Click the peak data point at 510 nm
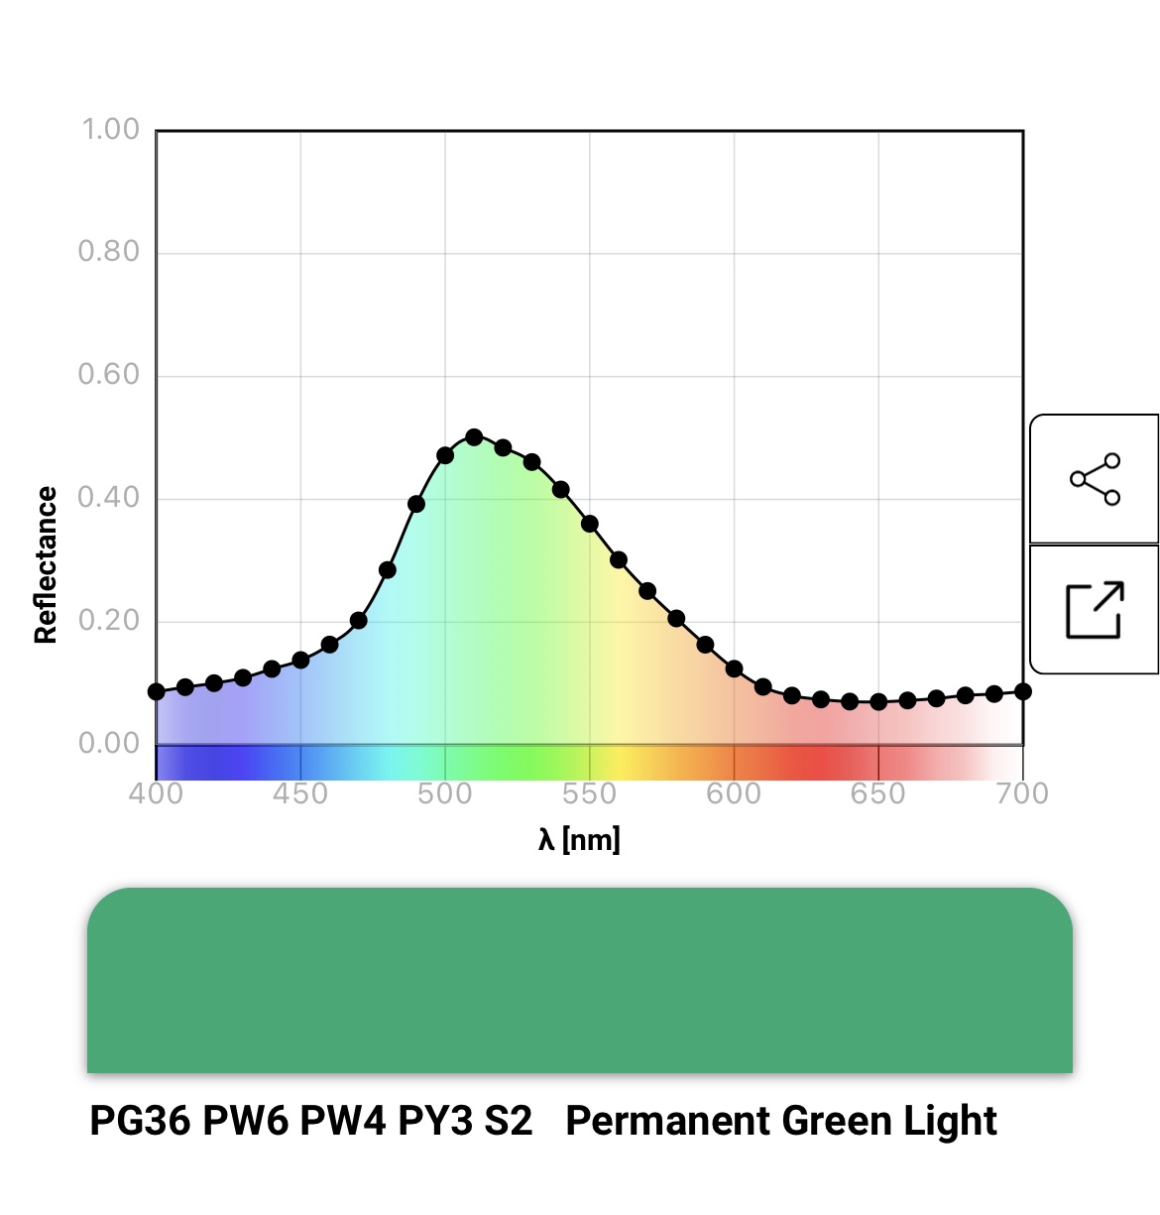pos(474,437)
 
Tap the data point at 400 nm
pos(157,691)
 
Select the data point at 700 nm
pos(1023,691)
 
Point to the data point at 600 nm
pos(734,668)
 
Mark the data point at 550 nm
pos(590,524)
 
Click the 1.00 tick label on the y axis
pos(109,129)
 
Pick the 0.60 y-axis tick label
pos(109,374)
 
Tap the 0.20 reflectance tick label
pos(109,620)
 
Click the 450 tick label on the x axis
pos(300,793)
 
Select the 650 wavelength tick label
pos(877,793)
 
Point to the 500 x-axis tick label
pos(445,793)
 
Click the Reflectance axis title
pos(46,565)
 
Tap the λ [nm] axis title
pos(579,840)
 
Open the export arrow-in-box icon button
pos(1095,609)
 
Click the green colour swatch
pos(580,980)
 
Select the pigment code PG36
pos(140,1121)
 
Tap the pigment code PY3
pos(433,1121)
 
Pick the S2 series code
pos(508,1121)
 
